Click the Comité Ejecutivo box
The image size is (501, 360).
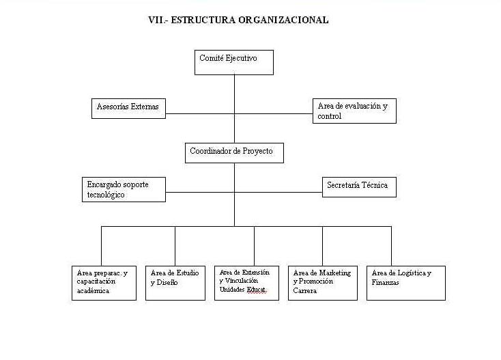(234, 62)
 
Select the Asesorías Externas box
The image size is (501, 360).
(128, 109)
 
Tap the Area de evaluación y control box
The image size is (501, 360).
(355, 111)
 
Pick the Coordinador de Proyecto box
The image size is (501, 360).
(234, 152)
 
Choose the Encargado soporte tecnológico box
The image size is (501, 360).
(124, 189)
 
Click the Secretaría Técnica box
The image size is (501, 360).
(359, 186)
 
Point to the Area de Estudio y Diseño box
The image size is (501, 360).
(175, 283)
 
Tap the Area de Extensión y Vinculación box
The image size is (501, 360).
(246, 283)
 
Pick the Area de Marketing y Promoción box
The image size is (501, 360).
(323, 283)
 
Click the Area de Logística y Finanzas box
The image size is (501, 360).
(406, 283)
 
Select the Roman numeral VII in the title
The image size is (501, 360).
(156, 20)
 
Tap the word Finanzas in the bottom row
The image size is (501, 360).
(386, 282)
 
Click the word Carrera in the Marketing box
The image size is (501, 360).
(305, 290)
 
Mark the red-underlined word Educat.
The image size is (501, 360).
(256, 289)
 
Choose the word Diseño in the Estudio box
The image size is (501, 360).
(169, 283)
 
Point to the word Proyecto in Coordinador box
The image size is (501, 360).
(257, 151)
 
